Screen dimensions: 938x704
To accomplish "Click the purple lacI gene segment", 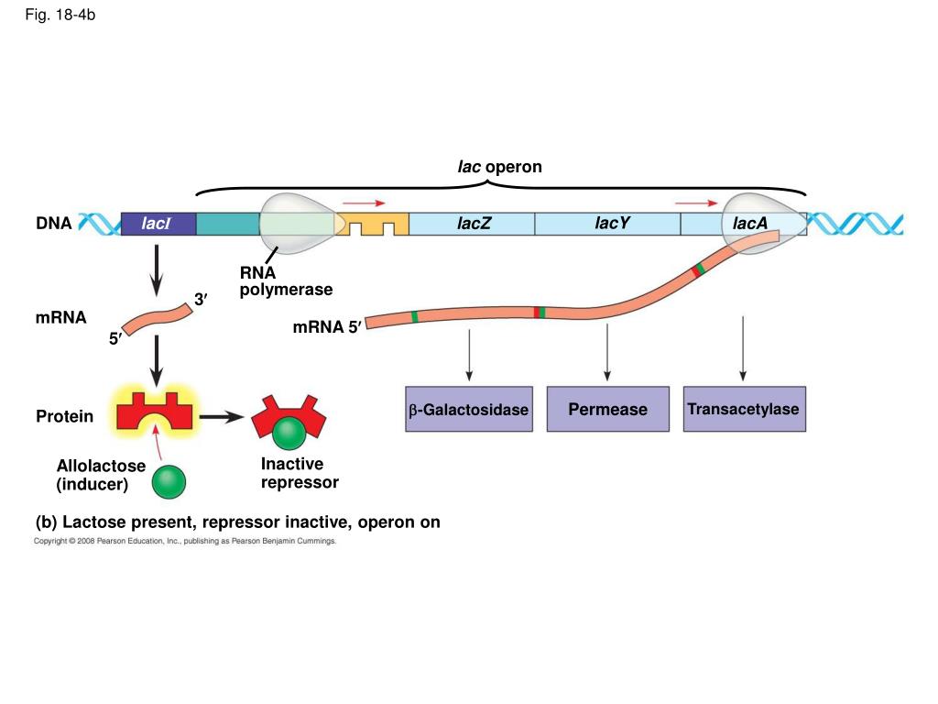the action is (x=158, y=224).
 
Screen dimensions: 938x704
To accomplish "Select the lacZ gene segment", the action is (x=472, y=224).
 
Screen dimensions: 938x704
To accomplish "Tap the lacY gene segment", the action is (x=608, y=224).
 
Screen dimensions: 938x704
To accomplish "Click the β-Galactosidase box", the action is (x=469, y=409).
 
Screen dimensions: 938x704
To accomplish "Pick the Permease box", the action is (x=608, y=409).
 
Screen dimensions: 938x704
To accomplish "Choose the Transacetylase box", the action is (x=744, y=409).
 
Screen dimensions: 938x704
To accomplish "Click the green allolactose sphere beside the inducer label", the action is (x=169, y=482).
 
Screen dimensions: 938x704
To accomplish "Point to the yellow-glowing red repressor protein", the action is (x=154, y=412).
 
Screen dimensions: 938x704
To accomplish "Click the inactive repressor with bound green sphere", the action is (x=289, y=422).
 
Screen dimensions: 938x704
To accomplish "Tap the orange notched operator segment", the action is (x=372, y=224).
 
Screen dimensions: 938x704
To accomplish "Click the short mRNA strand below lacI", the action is (x=158, y=319).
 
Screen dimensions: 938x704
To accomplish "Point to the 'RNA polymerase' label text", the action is (x=286, y=280).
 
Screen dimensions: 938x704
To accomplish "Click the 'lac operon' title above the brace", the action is (x=499, y=167).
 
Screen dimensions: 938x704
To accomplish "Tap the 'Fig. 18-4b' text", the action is (x=60, y=15).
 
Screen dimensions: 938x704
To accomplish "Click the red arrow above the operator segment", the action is (x=364, y=203).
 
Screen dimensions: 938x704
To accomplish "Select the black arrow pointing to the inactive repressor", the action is (x=222, y=417).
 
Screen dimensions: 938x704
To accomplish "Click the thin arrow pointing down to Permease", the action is (x=607, y=352).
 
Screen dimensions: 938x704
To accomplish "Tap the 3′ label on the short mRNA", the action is (x=201, y=299).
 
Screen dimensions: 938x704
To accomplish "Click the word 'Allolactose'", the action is (x=101, y=466).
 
